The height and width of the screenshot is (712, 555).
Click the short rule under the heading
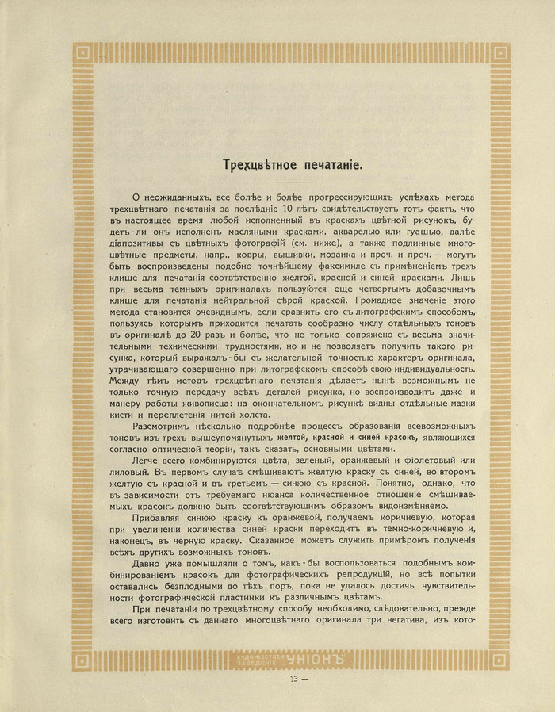(277, 182)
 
